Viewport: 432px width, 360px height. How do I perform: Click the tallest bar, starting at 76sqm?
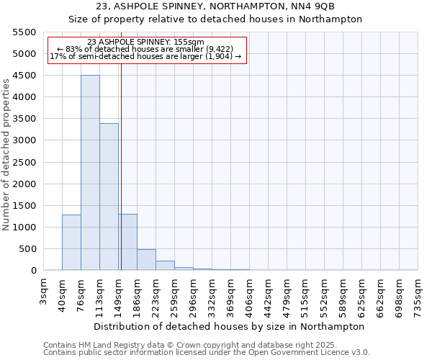pos(90,173)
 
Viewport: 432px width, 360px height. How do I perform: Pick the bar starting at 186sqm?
pos(146,260)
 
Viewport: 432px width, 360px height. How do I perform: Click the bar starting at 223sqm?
pos(165,266)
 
